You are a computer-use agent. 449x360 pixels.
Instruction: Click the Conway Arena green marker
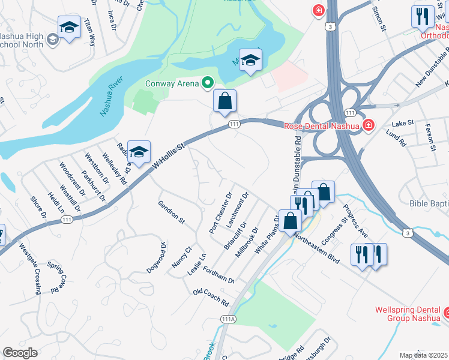(x=208, y=83)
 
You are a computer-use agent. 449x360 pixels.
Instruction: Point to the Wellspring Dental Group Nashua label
(x=406, y=314)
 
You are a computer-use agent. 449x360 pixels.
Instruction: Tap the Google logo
(x=20, y=353)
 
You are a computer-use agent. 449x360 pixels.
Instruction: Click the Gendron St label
(x=171, y=211)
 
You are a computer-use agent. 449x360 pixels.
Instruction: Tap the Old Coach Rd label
(x=211, y=296)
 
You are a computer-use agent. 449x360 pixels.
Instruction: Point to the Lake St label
(x=403, y=123)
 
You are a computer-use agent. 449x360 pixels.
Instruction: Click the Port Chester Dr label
(x=220, y=213)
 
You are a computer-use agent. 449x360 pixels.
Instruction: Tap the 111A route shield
(x=227, y=319)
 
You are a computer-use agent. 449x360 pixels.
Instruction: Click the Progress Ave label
(x=354, y=221)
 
